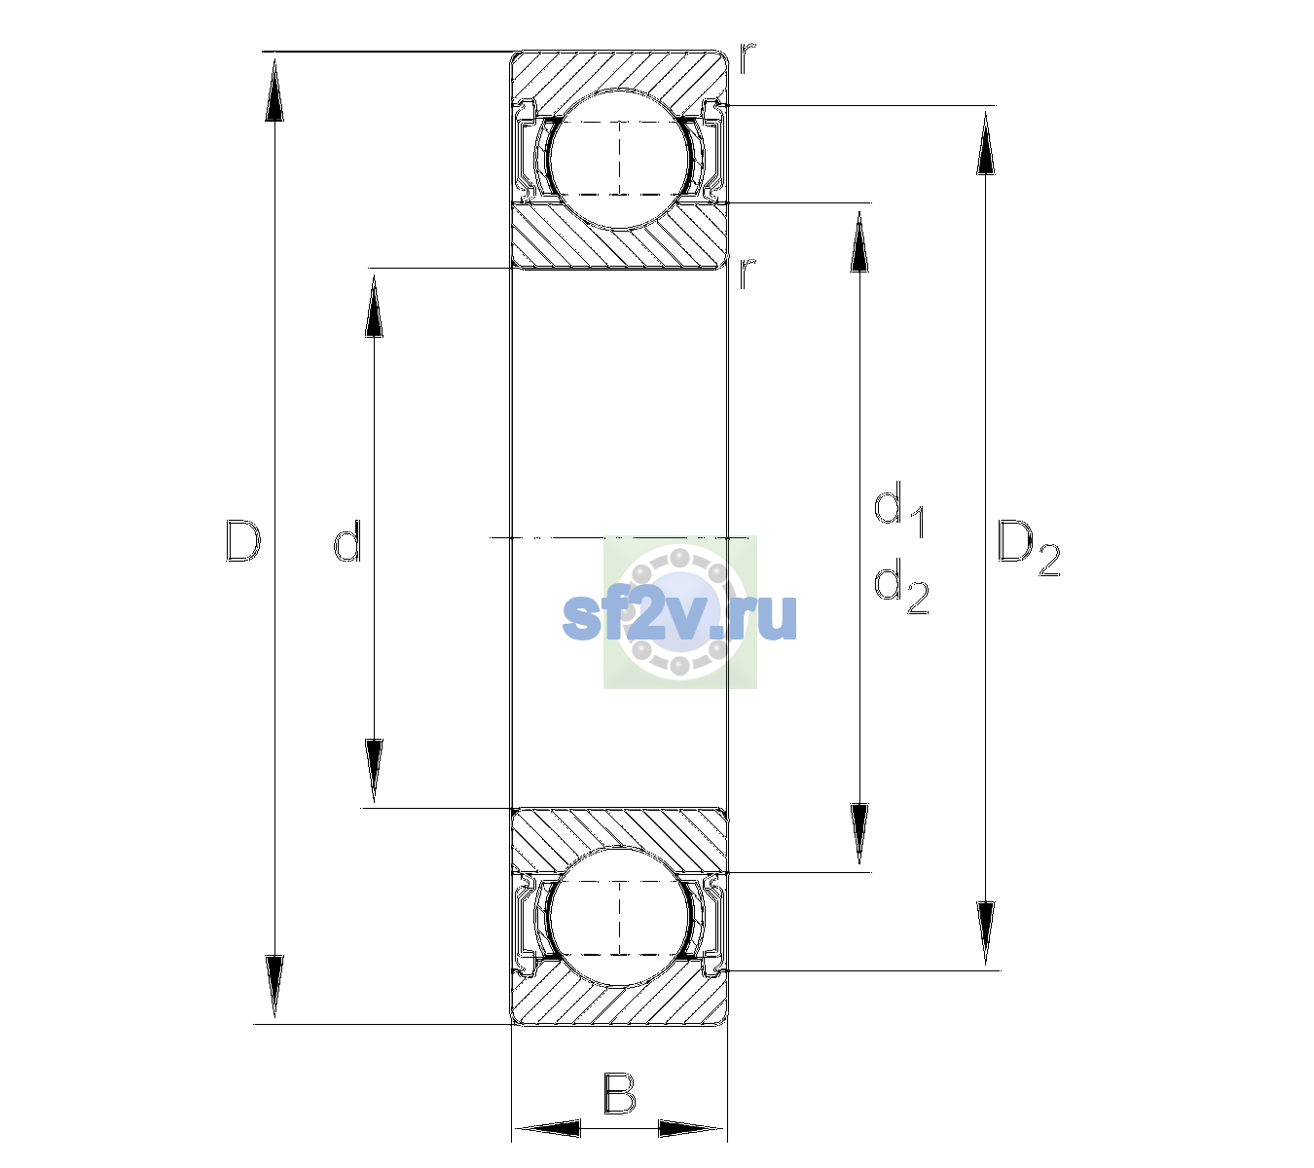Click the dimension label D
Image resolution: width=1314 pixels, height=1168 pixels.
click(242, 540)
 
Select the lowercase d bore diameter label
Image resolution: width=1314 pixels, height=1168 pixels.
click(347, 540)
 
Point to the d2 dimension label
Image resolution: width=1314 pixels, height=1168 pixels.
click(901, 586)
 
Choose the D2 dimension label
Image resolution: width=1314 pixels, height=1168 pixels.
click(1028, 548)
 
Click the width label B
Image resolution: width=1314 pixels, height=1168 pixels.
click(619, 1093)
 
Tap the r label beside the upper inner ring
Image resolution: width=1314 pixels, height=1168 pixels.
click(748, 273)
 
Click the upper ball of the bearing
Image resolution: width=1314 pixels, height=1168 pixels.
click(619, 159)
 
